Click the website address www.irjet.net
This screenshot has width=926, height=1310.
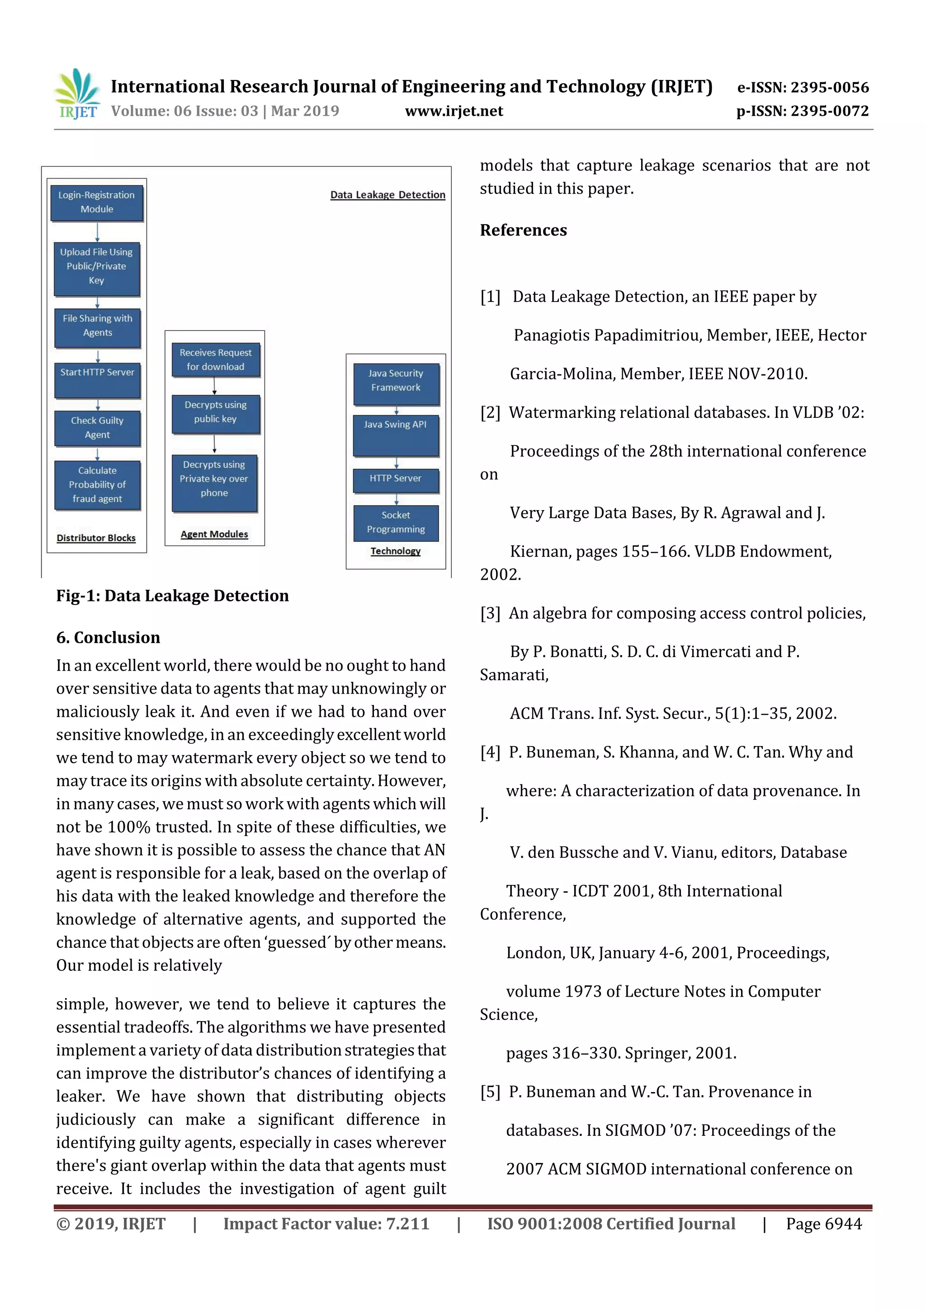tap(454, 111)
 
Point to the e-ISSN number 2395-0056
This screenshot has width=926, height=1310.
tap(803, 87)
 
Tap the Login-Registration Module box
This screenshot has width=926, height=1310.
tap(96, 203)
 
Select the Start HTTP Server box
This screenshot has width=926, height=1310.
tap(97, 380)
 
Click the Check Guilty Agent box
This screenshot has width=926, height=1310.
tap(97, 428)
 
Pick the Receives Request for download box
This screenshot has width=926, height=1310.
tap(216, 360)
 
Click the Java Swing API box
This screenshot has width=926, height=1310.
tap(395, 435)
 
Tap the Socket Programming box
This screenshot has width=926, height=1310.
tap(395, 523)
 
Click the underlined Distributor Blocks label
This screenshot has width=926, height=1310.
tap(96, 538)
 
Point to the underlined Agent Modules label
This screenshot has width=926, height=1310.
tap(214, 534)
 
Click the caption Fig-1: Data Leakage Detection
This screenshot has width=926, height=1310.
tap(172, 596)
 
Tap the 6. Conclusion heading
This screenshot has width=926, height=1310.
tap(108, 637)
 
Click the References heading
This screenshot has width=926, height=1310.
tap(523, 231)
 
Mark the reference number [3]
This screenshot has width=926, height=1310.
tap(490, 613)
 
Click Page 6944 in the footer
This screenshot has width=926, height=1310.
tap(823, 1224)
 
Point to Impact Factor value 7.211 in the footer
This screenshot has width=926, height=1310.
tap(326, 1224)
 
